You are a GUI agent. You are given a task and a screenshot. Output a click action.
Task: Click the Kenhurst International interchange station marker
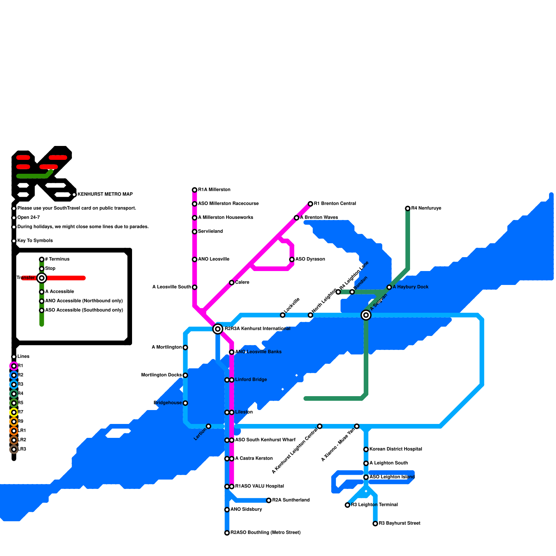[218, 329]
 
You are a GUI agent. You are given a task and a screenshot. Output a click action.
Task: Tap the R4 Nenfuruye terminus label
[426, 208]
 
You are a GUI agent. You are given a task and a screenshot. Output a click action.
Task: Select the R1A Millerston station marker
[195, 190]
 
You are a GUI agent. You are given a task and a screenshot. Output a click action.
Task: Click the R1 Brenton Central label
[335, 204]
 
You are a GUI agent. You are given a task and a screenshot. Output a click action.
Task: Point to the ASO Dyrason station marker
[292, 259]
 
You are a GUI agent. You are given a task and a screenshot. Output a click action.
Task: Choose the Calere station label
[242, 282]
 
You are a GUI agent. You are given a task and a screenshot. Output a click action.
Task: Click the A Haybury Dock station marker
[389, 287]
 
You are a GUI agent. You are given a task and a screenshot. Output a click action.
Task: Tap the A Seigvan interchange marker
[366, 315]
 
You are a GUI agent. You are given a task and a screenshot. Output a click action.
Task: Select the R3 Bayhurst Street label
[400, 523]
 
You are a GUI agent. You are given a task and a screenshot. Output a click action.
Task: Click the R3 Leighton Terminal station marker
[347, 505]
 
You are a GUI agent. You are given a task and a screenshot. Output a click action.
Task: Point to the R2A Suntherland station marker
[269, 500]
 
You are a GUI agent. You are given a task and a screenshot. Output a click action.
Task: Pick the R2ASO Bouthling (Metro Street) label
[265, 532]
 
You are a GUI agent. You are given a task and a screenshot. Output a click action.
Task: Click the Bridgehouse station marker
[185, 403]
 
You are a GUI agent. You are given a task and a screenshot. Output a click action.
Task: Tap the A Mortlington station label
[167, 347]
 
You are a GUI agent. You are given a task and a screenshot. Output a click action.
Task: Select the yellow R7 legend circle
[14, 412]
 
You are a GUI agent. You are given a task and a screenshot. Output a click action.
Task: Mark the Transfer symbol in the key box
[42, 278]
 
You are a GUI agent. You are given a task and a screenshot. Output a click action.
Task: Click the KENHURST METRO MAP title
[105, 194]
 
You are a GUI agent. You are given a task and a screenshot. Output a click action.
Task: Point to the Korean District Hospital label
[396, 449]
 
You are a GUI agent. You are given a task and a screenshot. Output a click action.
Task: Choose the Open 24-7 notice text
[28, 218]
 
